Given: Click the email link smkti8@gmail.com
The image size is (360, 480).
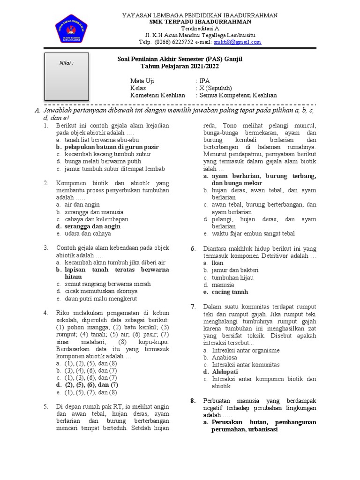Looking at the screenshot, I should point(237,42).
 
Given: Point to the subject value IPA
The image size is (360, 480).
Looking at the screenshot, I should point(205,80).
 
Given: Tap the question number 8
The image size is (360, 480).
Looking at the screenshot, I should point(193,401).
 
